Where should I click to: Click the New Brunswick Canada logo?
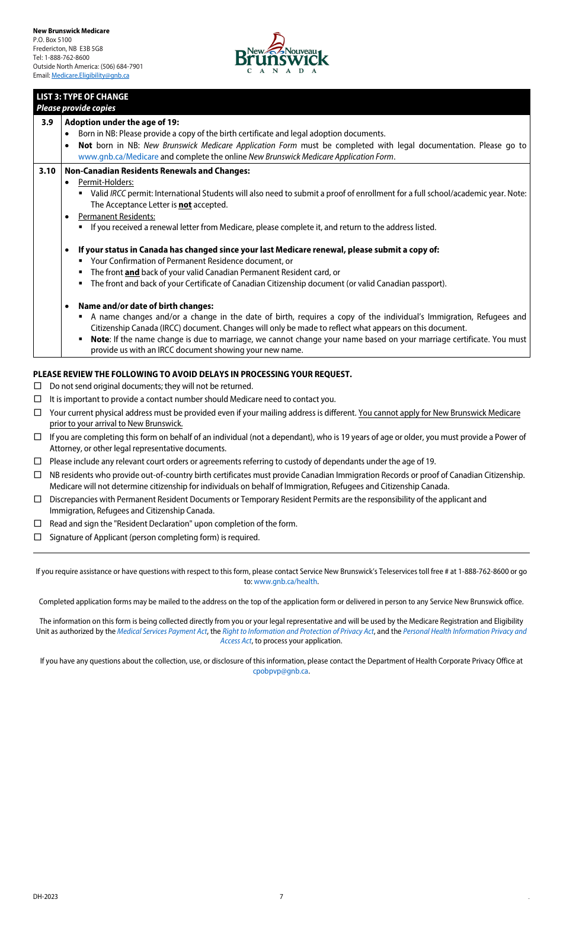[x=281, y=53]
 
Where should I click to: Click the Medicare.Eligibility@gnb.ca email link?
[x=90, y=75]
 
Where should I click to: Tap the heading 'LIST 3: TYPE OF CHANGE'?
[x=82, y=97]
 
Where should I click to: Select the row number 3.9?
[x=47, y=122]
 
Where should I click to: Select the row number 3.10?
[x=47, y=171]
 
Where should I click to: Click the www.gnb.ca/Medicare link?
[x=118, y=157]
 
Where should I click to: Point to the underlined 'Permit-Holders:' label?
[x=105, y=182]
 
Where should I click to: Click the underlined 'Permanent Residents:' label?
[x=116, y=216]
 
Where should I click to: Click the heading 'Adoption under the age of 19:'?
[x=121, y=122]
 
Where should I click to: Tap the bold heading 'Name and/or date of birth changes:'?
[x=145, y=306]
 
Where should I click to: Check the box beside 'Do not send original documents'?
[x=38, y=386]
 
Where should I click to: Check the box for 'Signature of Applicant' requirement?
[x=38, y=537]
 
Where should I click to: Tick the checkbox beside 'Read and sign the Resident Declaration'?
[x=38, y=524]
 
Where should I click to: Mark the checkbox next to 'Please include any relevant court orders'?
[x=38, y=461]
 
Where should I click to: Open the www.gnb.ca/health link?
[x=285, y=582]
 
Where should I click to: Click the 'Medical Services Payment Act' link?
[x=162, y=632]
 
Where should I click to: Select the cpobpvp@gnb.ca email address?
[x=280, y=671]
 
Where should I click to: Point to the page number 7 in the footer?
[x=281, y=897]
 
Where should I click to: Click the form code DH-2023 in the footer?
[x=46, y=897]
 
